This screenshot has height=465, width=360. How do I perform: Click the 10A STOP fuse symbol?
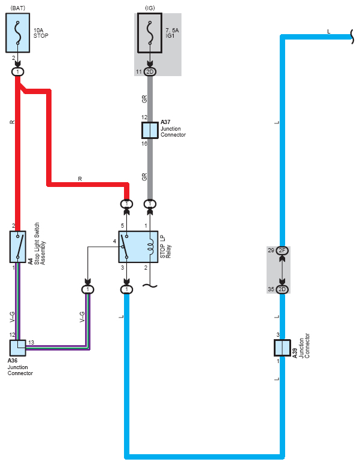click(18, 32)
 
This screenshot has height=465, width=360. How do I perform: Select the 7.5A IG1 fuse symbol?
click(150, 33)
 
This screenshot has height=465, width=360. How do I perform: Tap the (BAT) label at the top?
click(18, 8)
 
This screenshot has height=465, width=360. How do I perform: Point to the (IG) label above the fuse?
click(150, 8)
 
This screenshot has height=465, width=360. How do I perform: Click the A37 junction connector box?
click(150, 130)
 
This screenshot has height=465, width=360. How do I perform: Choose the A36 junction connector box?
click(18, 348)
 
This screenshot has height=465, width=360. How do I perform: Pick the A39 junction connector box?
click(282, 348)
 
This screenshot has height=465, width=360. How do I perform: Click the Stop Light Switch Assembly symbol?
click(18, 247)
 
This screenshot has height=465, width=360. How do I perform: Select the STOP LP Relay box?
click(138, 247)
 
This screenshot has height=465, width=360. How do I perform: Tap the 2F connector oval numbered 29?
click(282, 250)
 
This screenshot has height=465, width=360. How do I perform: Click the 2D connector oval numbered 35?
click(282, 289)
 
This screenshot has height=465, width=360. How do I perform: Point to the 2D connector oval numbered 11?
click(150, 71)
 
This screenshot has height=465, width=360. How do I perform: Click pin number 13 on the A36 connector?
click(31, 343)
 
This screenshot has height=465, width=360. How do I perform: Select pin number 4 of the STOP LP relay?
click(114, 241)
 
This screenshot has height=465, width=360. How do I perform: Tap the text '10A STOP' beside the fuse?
click(41, 33)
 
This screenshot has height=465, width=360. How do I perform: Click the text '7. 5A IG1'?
click(172, 33)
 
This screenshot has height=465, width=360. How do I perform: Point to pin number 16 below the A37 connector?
click(144, 144)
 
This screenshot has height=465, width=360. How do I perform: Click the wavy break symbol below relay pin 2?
click(150, 286)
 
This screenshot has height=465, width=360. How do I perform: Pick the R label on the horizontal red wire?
click(80, 179)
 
